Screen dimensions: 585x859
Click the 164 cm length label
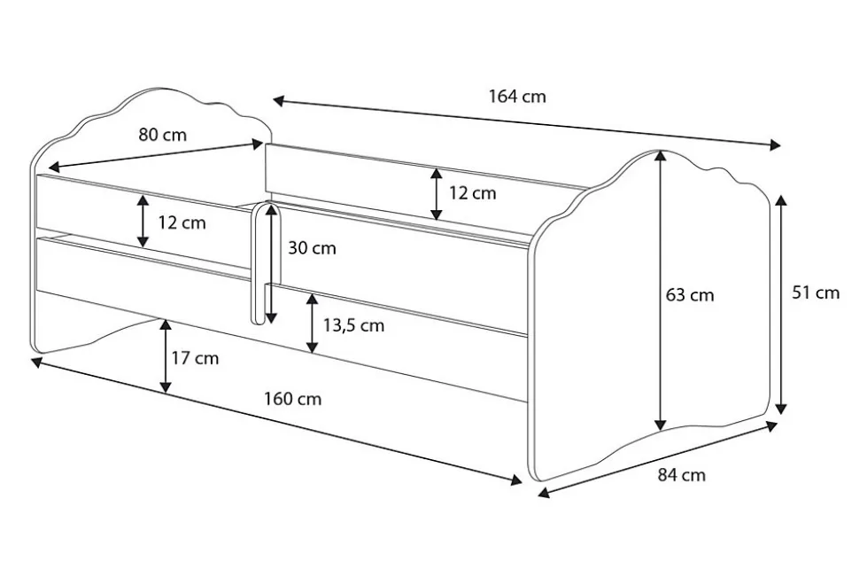point(517,97)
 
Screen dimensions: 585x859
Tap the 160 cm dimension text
point(292,399)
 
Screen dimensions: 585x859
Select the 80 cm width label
point(162,135)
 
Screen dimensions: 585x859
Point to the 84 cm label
point(682,475)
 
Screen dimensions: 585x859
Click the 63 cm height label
point(690,295)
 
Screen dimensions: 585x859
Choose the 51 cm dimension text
point(815,292)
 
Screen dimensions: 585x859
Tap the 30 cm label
point(312,248)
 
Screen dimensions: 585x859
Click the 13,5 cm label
point(353,325)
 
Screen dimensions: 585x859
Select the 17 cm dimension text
point(194,359)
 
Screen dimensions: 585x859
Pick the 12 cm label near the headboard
point(182,222)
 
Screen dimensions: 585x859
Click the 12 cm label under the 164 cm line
point(472,193)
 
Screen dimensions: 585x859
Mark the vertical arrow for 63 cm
point(660,292)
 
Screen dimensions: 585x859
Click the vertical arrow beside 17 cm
point(166,356)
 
